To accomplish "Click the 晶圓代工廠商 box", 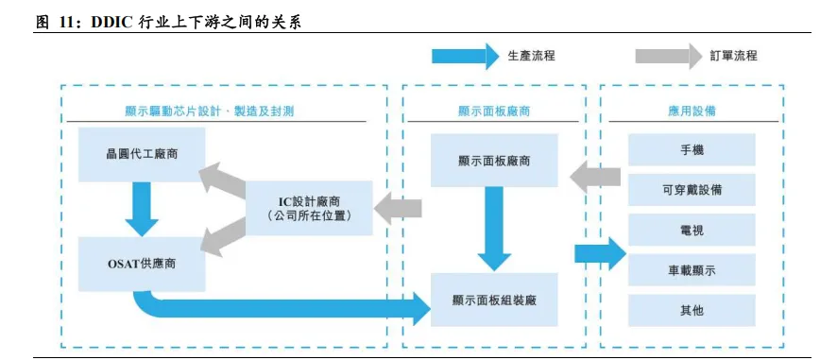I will click(142, 153).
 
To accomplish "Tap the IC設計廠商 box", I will click(309, 208).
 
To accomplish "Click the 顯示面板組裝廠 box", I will click(493, 299).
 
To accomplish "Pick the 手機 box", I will click(692, 150).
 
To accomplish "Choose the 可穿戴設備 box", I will click(692, 190).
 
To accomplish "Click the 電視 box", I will click(692, 230).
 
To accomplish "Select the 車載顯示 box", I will click(692, 270).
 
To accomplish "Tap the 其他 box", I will click(692, 310).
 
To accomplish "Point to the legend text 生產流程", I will click(531, 56).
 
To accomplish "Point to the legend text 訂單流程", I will click(734, 56).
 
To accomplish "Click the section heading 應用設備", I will click(692, 111).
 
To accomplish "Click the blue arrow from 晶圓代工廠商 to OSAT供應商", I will click(142, 208).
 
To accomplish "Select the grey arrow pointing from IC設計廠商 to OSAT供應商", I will click(221, 237).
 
